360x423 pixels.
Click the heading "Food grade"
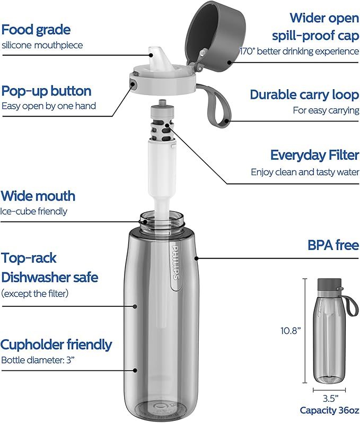pos(36,29)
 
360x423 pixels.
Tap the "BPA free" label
pos(333,246)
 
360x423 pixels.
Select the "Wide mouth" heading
pos(38,196)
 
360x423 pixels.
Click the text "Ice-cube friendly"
pos(34,211)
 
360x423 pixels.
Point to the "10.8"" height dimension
pos(291,331)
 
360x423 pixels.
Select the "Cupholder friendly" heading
pos(56,344)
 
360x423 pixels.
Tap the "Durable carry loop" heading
pos(304,94)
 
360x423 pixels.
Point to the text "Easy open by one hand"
pos(48,106)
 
